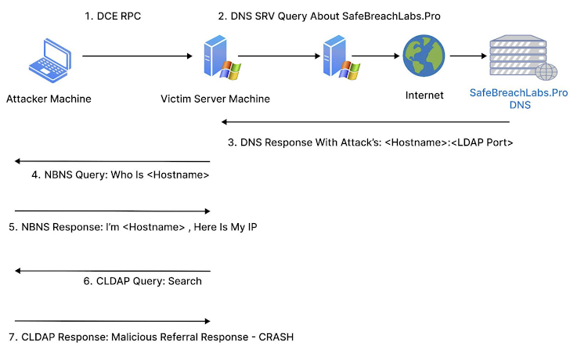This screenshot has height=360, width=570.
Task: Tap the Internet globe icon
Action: [424, 57]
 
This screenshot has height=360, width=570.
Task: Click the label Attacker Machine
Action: [49, 99]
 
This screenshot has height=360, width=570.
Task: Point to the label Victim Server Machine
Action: [215, 99]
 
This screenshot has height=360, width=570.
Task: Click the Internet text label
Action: [424, 95]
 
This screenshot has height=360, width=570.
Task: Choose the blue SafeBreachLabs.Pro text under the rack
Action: [518, 93]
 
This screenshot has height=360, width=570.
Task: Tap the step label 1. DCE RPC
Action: [114, 16]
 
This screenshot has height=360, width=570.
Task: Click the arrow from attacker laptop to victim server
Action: [137, 56]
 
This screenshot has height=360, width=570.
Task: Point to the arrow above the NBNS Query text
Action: [113, 162]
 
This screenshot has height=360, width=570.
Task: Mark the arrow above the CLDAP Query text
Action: [113, 271]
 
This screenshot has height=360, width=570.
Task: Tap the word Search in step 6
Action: [185, 281]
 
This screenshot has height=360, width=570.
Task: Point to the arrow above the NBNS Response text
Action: [113, 211]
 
